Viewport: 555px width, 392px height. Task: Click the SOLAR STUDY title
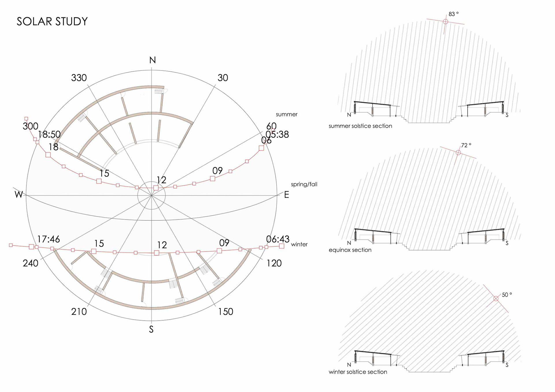(52, 21)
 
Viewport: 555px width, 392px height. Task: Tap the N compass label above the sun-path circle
(153, 60)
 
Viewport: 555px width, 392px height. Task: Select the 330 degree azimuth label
(79, 78)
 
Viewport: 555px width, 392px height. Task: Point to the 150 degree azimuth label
(225, 311)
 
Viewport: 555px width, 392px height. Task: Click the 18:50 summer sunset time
(49, 134)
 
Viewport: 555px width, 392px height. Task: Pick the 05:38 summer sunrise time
(277, 134)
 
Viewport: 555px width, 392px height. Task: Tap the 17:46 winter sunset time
(49, 239)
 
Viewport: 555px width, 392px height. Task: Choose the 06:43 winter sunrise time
(278, 239)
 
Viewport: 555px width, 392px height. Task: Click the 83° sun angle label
(454, 14)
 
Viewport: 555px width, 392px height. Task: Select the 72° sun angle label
(466, 145)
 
